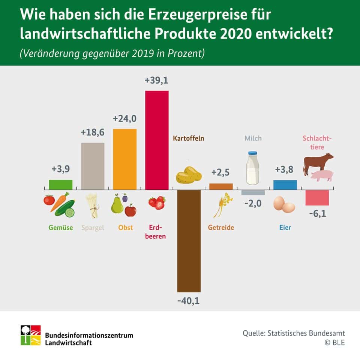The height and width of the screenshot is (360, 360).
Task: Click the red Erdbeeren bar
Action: coord(157,140)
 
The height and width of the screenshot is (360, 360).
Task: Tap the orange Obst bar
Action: coord(125,159)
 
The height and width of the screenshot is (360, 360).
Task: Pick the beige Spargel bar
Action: coord(93,166)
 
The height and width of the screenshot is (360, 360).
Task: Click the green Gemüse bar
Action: coord(60,184)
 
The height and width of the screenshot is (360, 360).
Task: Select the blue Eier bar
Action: coord(285,184)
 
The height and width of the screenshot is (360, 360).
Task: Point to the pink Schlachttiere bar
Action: coord(317,198)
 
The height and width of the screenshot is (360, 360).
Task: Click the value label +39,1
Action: coord(157,81)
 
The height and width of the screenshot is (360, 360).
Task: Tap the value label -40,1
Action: coord(189,301)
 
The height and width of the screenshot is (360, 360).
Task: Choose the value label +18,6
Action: coord(93,133)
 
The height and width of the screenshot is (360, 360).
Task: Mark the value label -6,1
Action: coord(317,214)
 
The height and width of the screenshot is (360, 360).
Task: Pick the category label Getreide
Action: coord(221,228)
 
